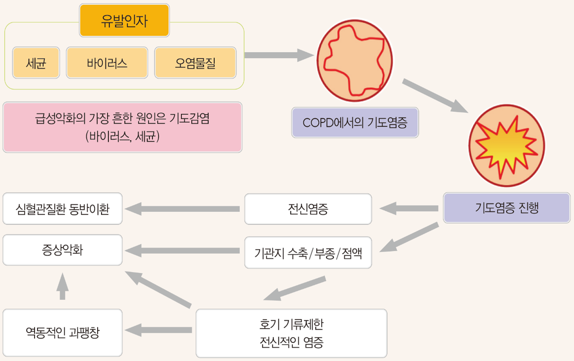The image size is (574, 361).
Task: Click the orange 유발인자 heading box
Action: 124,21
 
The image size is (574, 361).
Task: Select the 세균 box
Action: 36,63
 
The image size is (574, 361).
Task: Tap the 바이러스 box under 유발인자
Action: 107,63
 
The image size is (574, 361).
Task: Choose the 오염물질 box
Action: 195,63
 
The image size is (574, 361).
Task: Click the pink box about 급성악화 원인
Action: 122,127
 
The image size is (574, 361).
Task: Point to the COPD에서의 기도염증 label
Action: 355,123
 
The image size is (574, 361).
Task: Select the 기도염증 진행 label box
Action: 507,208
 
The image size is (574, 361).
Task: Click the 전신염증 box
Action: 308,209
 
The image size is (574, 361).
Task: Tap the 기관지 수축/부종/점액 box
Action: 308,253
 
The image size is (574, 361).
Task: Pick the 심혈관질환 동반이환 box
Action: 62,209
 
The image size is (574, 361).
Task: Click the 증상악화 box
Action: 62,250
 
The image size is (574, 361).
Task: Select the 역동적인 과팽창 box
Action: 62,332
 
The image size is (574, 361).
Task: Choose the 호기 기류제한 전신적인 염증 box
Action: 291,333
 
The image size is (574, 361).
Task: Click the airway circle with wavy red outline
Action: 355,60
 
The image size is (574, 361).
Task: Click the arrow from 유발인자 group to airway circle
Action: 279,55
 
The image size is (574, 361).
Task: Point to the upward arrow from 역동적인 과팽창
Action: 63,286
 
